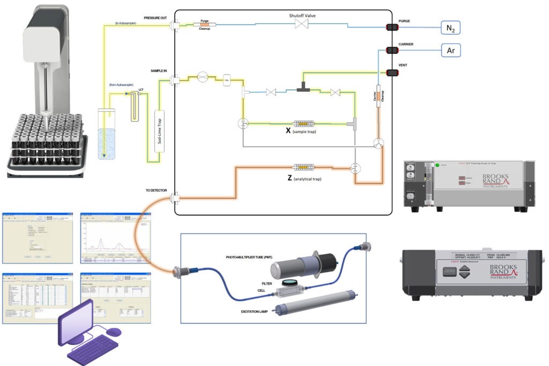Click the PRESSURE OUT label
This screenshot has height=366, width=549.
155,18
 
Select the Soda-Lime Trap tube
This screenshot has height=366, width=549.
159,132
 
